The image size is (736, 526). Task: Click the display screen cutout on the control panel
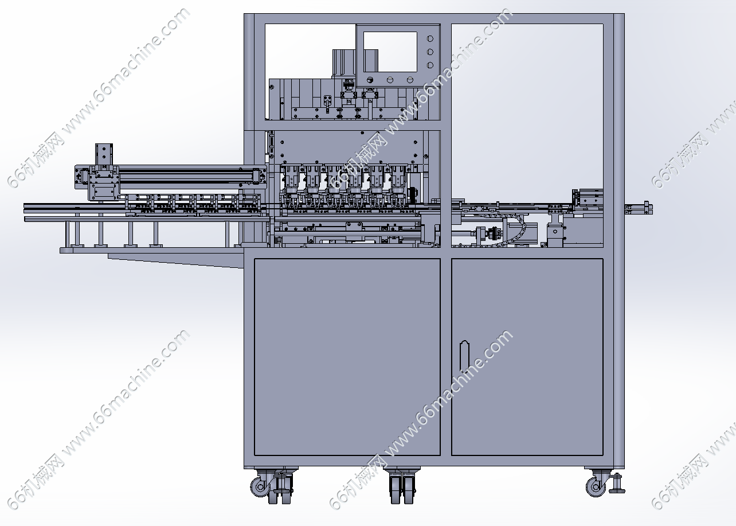[390, 52]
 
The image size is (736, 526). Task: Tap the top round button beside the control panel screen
[430, 39]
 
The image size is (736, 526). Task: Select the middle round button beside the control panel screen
[430, 52]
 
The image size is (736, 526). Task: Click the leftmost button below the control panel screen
[370, 80]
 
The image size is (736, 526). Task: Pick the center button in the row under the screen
[390, 80]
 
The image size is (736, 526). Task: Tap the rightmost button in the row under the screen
[410, 80]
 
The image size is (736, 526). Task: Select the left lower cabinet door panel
[347, 357]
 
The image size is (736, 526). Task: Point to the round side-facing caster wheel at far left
[260, 487]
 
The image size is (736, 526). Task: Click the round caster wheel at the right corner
[596, 487]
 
